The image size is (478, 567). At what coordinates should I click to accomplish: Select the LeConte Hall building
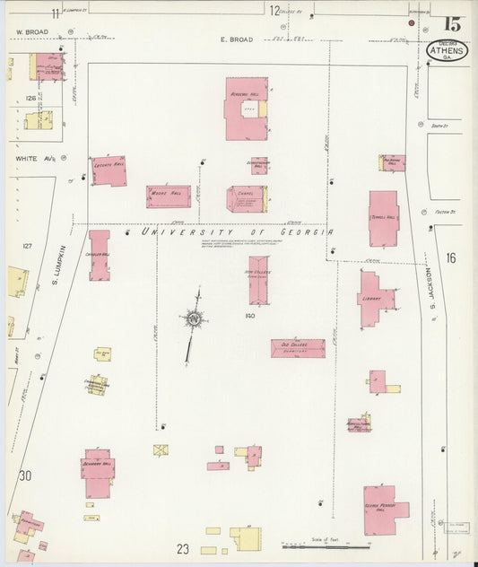tap(109, 170)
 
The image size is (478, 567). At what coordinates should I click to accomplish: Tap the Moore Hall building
tap(169, 196)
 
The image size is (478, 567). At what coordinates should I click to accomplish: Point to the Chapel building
tap(246, 198)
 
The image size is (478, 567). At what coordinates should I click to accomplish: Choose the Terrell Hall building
tap(384, 218)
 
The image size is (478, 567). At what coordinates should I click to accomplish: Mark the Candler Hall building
tap(99, 256)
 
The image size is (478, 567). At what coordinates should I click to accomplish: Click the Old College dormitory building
tap(298, 348)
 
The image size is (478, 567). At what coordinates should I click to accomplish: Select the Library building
tap(374, 300)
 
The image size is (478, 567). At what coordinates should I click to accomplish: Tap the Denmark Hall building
tap(98, 472)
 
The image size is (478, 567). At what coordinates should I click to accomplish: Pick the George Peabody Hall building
tap(383, 510)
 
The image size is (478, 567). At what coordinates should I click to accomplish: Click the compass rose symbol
tap(193, 318)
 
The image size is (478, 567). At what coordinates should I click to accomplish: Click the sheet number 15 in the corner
tap(452, 24)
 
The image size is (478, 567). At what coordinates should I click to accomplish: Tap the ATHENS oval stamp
tap(447, 50)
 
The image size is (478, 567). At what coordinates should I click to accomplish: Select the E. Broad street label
tap(237, 39)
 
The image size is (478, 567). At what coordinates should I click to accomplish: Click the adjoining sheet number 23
tap(182, 547)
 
